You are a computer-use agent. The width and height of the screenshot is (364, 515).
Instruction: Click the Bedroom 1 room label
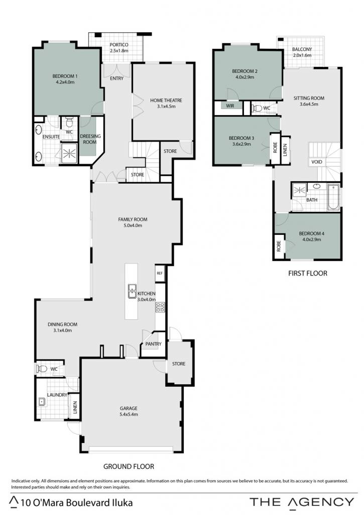65,76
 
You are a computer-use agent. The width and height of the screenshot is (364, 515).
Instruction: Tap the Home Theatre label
166,100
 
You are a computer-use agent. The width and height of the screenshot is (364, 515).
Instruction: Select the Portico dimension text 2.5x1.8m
118,51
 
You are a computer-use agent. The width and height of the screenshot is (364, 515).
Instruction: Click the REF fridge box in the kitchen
160,273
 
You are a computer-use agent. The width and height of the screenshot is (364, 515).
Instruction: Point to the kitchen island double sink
132,291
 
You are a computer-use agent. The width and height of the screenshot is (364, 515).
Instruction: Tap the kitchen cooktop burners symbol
160,307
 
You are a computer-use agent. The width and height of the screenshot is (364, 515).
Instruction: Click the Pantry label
154,344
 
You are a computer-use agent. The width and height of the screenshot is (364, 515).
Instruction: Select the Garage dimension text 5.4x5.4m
129,414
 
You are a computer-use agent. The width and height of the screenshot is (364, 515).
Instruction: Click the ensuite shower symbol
69,153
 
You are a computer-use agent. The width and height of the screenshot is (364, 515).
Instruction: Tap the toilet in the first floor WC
257,108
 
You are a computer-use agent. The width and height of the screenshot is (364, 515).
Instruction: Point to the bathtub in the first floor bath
333,197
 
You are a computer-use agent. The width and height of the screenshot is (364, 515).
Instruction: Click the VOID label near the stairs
316,161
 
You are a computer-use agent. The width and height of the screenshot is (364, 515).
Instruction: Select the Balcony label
302,49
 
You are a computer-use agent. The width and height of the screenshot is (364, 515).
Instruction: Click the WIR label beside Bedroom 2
230,106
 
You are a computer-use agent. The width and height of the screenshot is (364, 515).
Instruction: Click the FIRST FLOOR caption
308,273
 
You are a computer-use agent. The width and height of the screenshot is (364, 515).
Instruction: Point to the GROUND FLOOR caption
129,466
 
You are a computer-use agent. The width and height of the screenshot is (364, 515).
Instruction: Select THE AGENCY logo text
302,502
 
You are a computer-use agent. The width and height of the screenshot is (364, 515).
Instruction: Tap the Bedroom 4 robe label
279,246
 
